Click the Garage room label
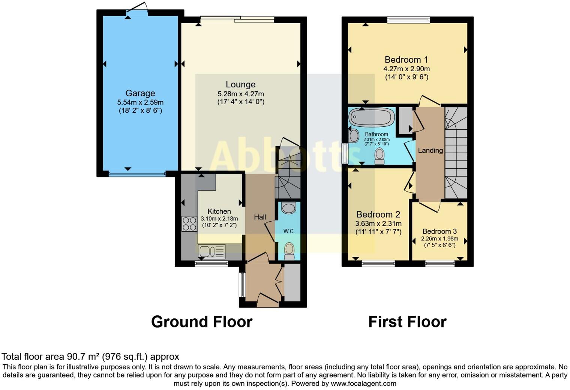click(x=140, y=93)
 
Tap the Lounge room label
click(x=240, y=84)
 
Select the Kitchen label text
click(x=219, y=211)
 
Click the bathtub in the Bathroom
click(x=371, y=117)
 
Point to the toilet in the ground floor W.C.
click(x=289, y=250)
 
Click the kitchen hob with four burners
click(x=189, y=224)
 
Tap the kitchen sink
click(x=211, y=251)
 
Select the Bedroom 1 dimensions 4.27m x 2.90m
click(x=406, y=69)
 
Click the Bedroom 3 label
click(x=439, y=231)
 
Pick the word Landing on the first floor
click(x=430, y=150)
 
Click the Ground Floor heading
click(x=202, y=322)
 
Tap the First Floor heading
click(x=407, y=322)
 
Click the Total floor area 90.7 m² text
click(x=90, y=356)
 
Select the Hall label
click(x=260, y=217)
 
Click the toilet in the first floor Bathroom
click(x=379, y=156)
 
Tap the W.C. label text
click(x=289, y=231)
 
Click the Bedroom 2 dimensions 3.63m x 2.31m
click(x=378, y=223)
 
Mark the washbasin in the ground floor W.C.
click(x=289, y=208)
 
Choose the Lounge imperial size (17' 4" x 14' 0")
click(x=241, y=102)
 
